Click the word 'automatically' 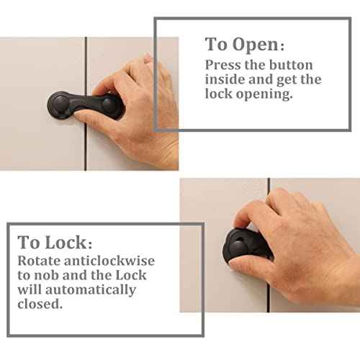(x=91, y=290)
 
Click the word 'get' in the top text (x=287, y=80)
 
